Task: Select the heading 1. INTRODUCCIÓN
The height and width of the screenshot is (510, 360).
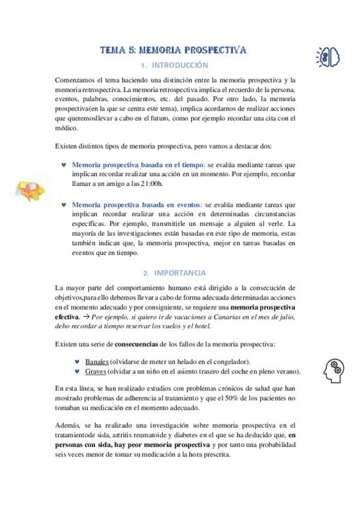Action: coord(174,66)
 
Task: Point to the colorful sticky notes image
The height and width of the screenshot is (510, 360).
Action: coord(31,191)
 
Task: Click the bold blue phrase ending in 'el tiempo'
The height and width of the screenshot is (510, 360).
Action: coord(137,164)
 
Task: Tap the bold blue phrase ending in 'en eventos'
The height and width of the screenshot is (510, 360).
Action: coord(137,204)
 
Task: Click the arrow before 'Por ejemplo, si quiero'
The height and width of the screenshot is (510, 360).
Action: coord(86,316)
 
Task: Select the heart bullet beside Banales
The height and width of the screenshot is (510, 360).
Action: coord(76,361)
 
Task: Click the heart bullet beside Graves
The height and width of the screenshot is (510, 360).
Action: coord(76,371)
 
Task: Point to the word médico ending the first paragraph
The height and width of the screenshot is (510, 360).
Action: coord(66,128)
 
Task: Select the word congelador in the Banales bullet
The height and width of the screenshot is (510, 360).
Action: coord(230,361)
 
